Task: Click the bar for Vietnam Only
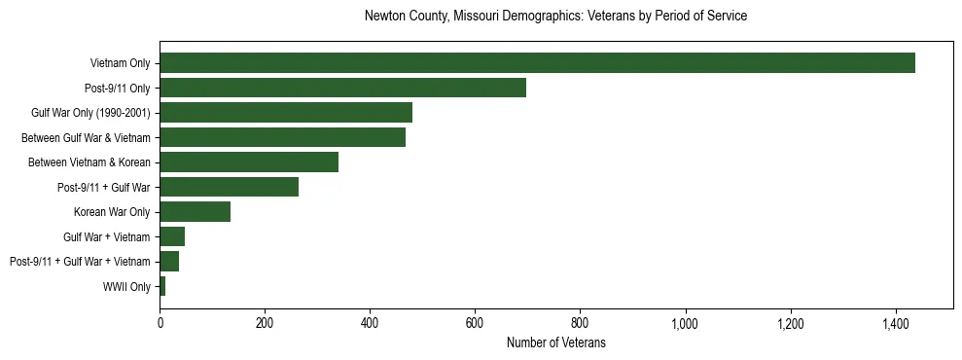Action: point(537,63)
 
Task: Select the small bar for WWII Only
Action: point(162,286)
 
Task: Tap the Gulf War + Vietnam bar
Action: point(172,236)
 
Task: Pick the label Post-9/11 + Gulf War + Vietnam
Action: point(80,261)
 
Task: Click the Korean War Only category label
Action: point(112,211)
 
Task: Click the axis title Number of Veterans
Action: point(555,342)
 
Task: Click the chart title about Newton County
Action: point(555,17)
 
